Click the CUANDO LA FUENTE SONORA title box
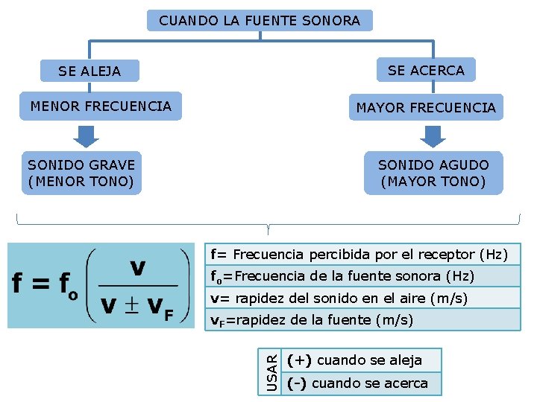(x=260, y=20)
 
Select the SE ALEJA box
(x=89, y=71)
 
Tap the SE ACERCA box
(x=426, y=70)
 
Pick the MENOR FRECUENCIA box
(x=101, y=106)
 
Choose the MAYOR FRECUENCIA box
(x=426, y=107)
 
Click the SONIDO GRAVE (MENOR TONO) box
(x=81, y=173)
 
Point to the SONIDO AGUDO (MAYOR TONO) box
(x=433, y=173)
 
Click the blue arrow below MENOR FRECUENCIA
(x=87, y=135)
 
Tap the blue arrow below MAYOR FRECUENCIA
(x=433, y=135)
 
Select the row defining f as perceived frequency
(x=362, y=254)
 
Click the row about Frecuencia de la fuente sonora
(x=362, y=276)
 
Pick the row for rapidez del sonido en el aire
(x=362, y=298)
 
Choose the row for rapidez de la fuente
(x=362, y=319)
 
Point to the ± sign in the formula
(x=131, y=307)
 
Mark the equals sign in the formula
(x=42, y=284)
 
